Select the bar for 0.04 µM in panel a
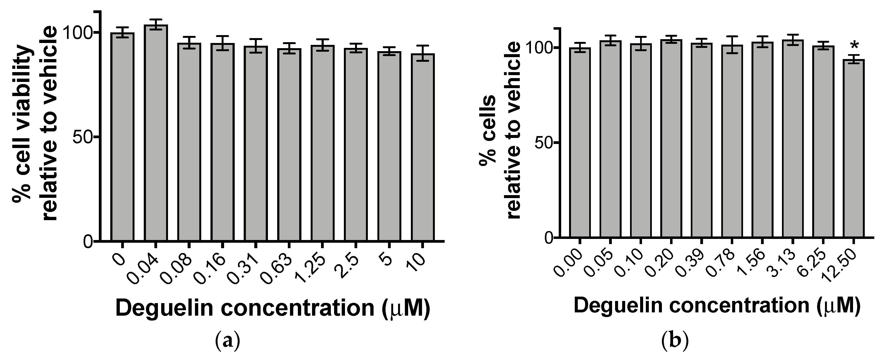156,133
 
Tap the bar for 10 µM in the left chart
423,147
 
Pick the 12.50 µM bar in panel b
853,149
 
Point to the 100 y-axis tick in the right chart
538,48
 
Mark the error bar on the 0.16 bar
222,43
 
